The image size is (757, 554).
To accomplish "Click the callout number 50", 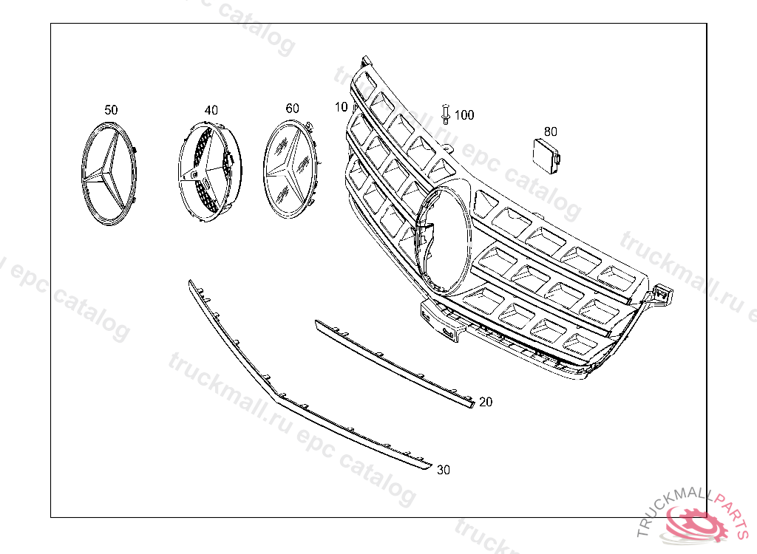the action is [x=111, y=110].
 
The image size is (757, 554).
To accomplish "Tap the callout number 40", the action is [x=211, y=111].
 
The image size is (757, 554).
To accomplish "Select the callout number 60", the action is [x=292, y=109].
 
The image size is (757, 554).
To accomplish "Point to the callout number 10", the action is [x=341, y=106].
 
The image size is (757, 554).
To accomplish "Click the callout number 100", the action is [x=464, y=114].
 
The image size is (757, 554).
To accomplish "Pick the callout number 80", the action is [x=550, y=131].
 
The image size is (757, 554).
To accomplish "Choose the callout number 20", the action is [x=486, y=402].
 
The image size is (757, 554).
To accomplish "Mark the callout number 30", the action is [x=444, y=470].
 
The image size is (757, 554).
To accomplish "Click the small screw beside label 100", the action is [x=446, y=114].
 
